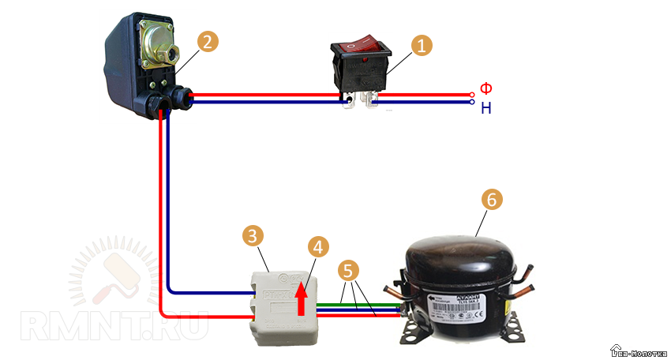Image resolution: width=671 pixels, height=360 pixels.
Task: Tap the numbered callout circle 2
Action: click(206, 42)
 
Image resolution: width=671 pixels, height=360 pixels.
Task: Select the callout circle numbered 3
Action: click(251, 236)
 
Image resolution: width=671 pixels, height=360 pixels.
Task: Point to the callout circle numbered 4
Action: click(317, 247)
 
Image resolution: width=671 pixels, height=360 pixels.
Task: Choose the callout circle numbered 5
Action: click(347, 271)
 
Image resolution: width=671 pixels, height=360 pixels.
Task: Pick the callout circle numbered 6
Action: click(490, 201)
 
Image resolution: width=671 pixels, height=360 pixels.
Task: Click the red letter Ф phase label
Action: click(486, 88)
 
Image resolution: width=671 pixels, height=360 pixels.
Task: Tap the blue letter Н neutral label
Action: click(486, 108)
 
